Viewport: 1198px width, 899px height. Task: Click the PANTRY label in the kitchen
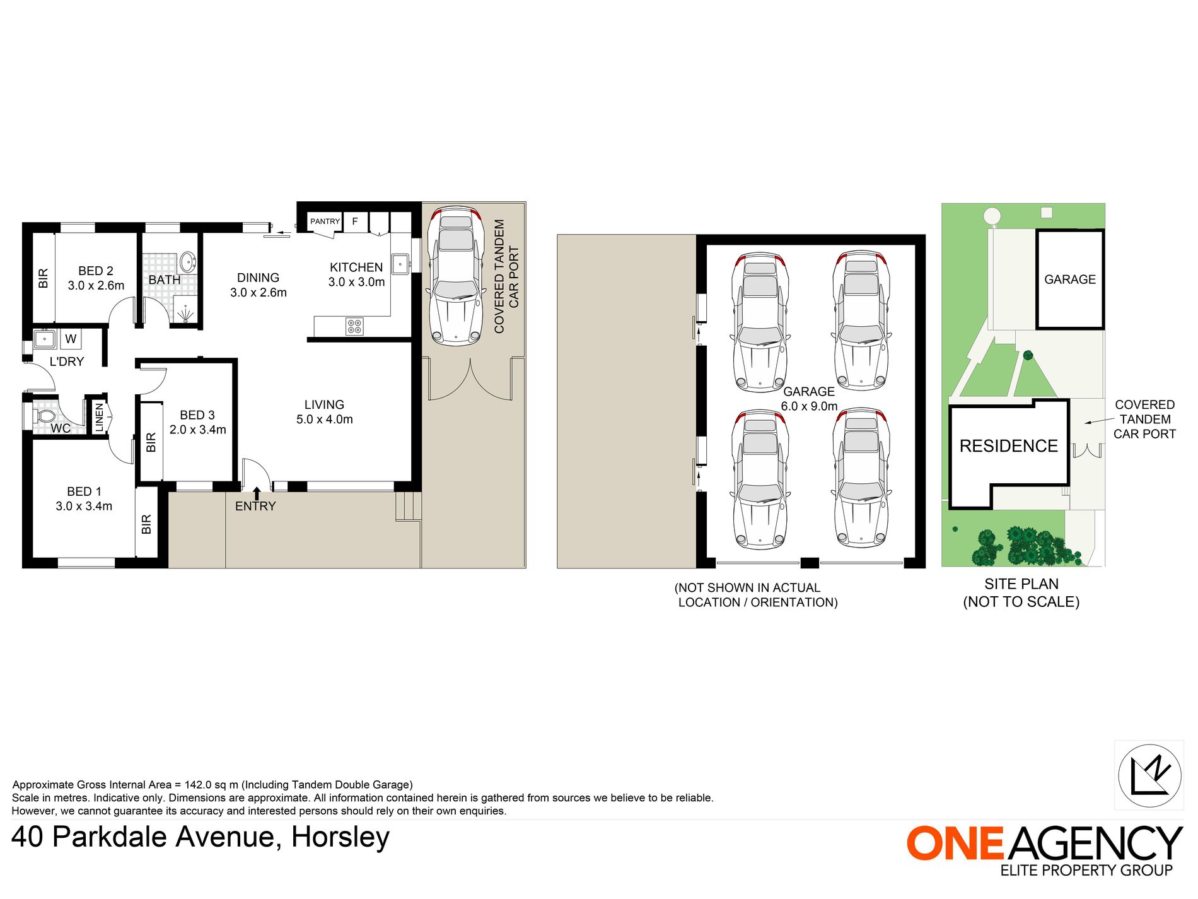click(x=325, y=221)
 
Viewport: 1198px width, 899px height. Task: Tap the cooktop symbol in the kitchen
click(x=354, y=326)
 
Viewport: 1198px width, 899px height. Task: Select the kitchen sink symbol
click(x=400, y=264)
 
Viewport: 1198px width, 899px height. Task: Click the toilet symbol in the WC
click(x=44, y=417)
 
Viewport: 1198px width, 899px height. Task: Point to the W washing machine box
click(x=71, y=339)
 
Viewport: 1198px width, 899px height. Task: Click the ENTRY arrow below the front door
click(x=257, y=493)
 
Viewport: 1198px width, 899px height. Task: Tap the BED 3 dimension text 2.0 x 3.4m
click(x=197, y=430)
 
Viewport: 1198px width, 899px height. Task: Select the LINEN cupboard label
click(x=99, y=417)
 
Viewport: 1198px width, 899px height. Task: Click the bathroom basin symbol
click(x=187, y=261)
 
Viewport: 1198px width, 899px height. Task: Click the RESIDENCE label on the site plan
click(x=1008, y=446)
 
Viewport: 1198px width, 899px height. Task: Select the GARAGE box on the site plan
click(x=1070, y=279)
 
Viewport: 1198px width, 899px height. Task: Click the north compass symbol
click(x=1149, y=775)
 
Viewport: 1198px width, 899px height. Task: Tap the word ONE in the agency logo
click(x=955, y=843)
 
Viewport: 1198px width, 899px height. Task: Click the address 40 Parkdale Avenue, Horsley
click(x=201, y=837)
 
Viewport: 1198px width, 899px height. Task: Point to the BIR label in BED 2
click(x=44, y=278)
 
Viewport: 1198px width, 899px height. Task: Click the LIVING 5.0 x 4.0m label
click(x=324, y=412)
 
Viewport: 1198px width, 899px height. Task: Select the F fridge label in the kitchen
click(x=355, y=221)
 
